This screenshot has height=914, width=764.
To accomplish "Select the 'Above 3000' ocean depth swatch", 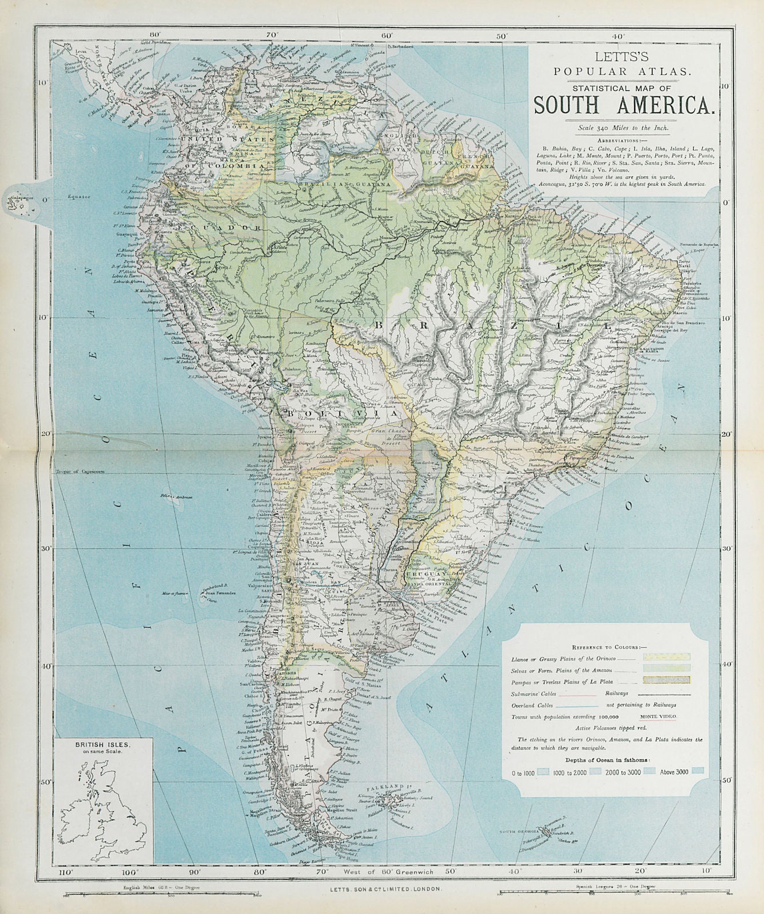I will click(x=697, y=771).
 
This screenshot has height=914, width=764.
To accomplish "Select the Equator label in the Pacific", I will click(x=78, y=196).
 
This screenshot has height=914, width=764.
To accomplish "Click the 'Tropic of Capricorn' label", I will click(x=74, y=471).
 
